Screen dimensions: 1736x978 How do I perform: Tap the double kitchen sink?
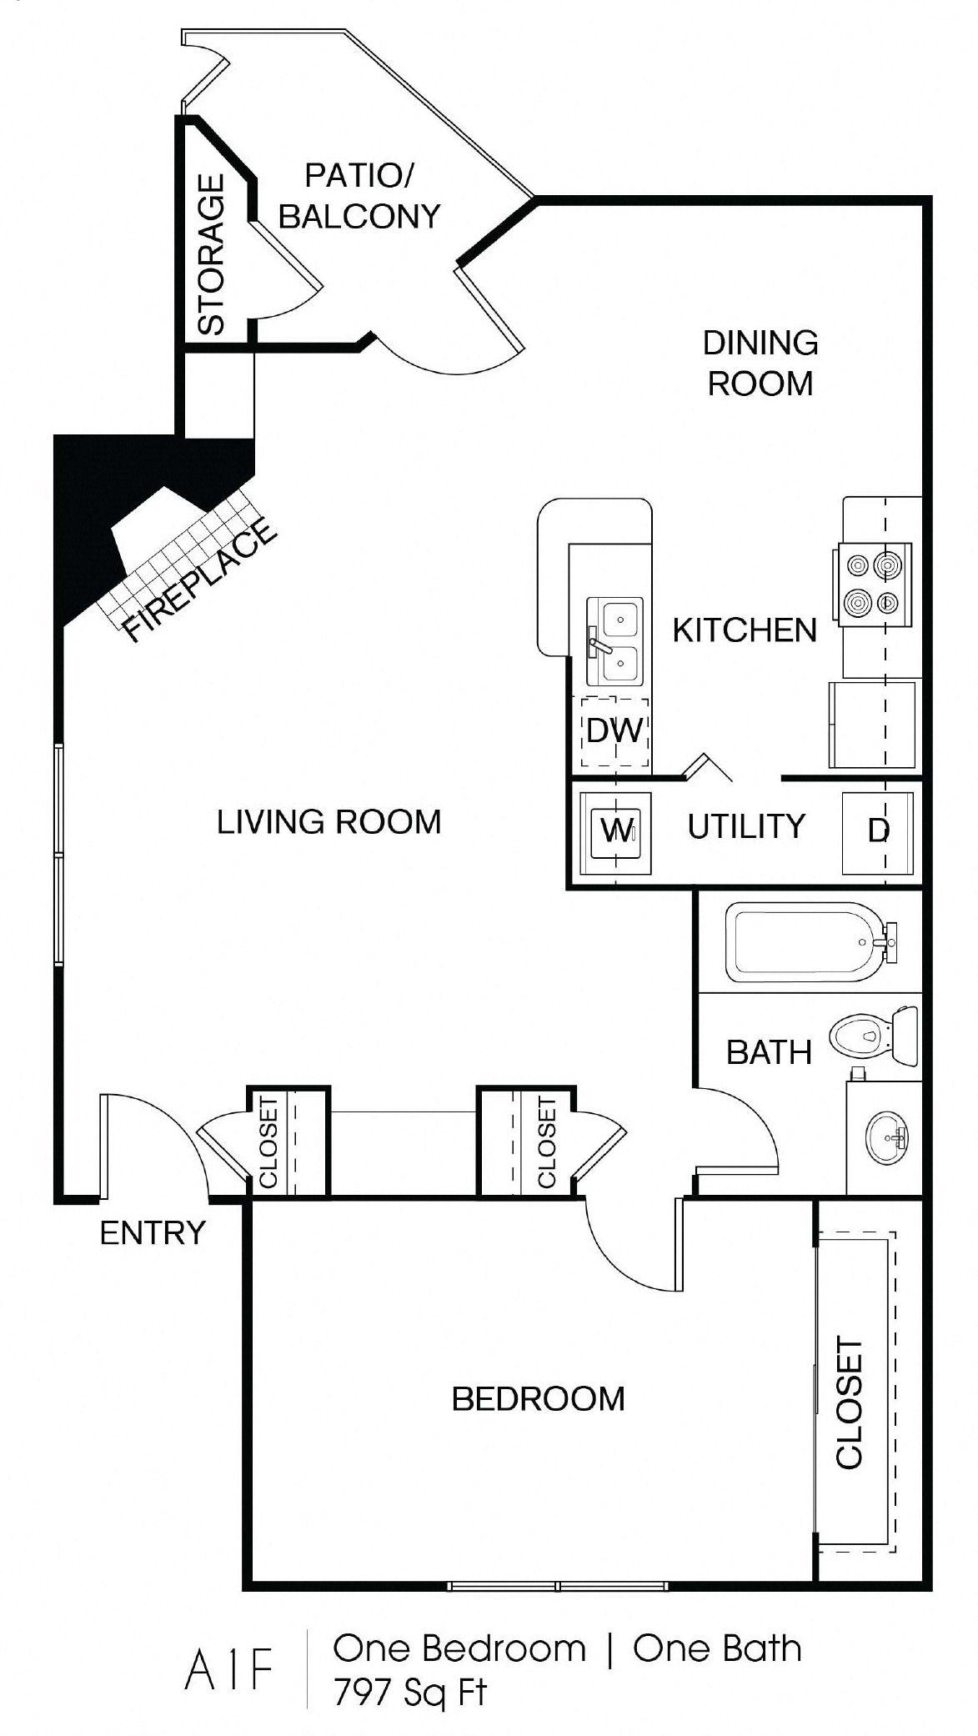[615, 640]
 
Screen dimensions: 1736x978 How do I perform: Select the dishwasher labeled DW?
[614, 731]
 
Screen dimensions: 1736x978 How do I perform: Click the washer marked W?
[615, 831]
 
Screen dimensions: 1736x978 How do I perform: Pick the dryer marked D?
[878, 831]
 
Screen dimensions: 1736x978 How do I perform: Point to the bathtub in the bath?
[806, 942]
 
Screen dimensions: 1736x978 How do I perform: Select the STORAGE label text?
[212, 254]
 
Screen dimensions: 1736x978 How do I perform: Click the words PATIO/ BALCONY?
[359, 196]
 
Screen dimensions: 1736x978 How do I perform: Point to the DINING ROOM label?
[760, 363]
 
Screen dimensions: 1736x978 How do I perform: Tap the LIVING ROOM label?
[329, 822]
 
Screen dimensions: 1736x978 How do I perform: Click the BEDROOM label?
[538, 1398]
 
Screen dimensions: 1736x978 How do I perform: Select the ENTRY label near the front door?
[153, 1232]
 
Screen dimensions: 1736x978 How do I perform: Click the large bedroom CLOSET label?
[849, 1403]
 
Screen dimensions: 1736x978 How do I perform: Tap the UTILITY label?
[746, 826]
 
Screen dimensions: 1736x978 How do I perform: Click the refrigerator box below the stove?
[872, 724]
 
